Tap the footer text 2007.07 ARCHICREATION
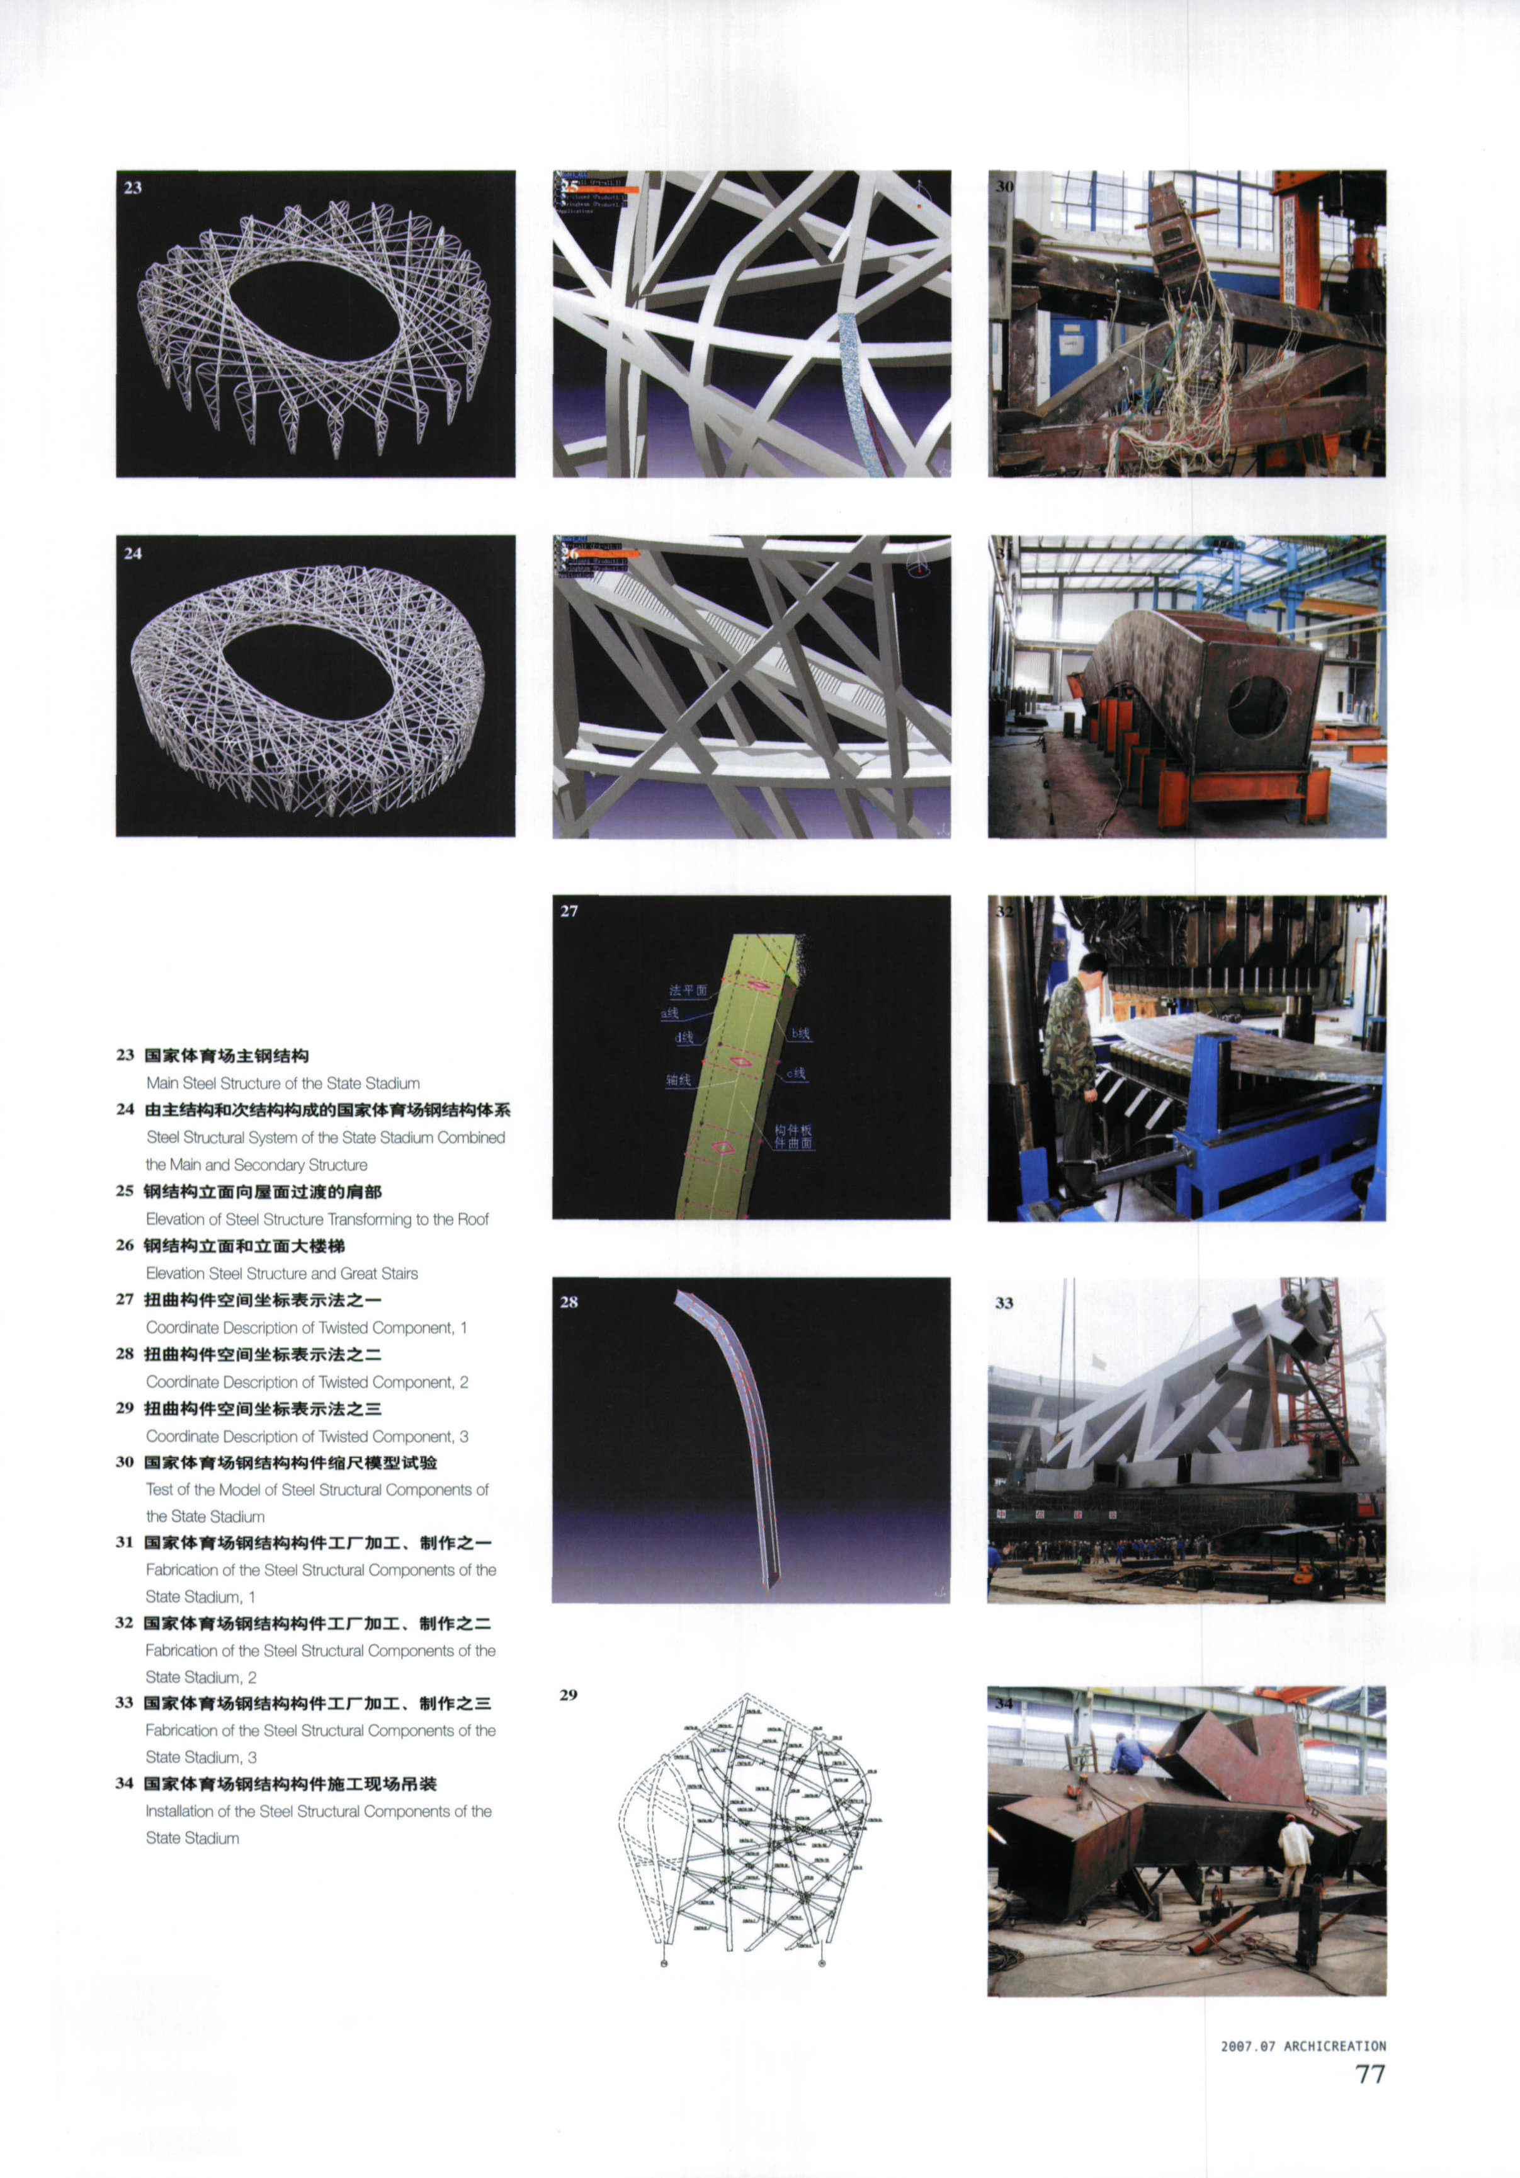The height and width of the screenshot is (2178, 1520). pyautogui.click(x=1303, y=2046)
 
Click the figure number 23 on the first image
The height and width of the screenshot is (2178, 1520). pyautogui.click(x=133, y=187)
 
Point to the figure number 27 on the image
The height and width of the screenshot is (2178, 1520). pyautogui.click(x=569, y=911)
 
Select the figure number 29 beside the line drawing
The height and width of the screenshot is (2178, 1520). pyautogui.click(x=568, y=1694)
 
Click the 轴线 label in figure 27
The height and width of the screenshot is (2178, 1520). pyautogui.click(x=678, y=1080)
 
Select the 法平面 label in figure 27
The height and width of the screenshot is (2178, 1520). pyautogui.click(x=688, y=990)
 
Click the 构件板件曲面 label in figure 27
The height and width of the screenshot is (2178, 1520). pyautogui.click(x=793, y=1136)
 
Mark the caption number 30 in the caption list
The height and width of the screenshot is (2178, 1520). pyautogui.click(x=124, y=1462)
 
